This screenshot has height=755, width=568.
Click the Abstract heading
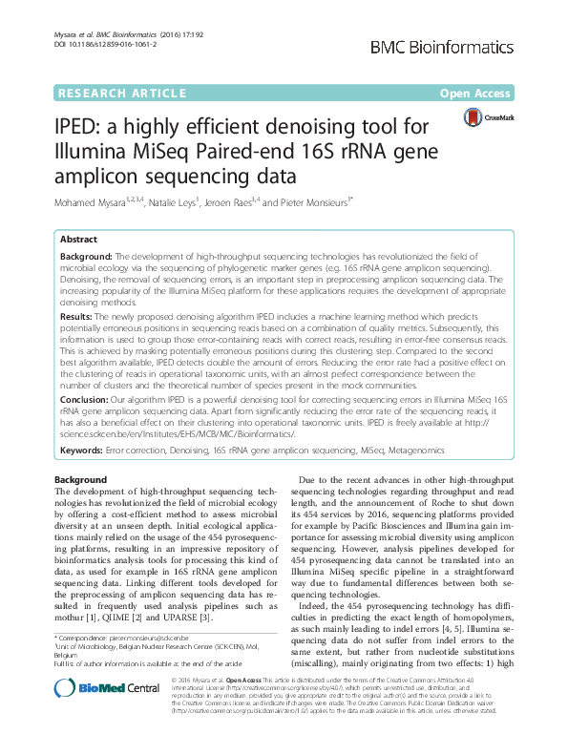77,240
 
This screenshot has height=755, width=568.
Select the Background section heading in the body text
81,479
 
